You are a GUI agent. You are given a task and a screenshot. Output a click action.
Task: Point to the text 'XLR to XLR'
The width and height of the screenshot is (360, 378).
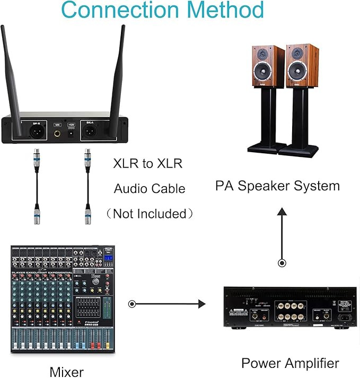coord(148,163)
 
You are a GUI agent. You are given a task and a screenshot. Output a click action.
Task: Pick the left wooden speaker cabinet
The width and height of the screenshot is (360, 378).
coord(267,66)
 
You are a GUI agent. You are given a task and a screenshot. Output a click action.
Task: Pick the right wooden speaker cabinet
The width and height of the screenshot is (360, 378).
coord(302,66)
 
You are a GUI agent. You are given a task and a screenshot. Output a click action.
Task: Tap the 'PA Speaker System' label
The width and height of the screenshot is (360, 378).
coord(277,186)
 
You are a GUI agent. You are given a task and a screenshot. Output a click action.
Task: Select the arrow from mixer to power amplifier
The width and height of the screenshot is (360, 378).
coord(167,304)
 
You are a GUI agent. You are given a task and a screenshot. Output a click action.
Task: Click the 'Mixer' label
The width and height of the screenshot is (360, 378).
coord(66,371)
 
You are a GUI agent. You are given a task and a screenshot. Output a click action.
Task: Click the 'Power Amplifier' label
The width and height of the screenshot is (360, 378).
coord(290,363)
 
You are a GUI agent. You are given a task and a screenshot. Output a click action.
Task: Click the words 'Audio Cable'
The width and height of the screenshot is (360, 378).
coord(150,189)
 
